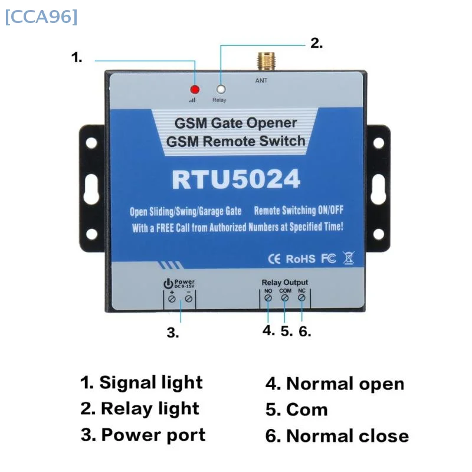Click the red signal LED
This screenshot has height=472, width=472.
[x=194, y=90]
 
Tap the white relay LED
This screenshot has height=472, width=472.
[x=221, y=90]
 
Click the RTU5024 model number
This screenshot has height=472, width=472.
[x=236, y=179]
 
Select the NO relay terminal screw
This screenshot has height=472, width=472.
[x=268, y=299]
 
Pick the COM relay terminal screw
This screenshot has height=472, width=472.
[x=285, y=299]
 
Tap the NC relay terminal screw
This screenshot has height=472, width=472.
[x=302, y=299]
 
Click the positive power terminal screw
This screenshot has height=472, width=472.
[x=172, y=300]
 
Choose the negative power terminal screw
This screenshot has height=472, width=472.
[x=189, y=300]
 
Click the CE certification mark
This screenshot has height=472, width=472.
[x=274, y=259]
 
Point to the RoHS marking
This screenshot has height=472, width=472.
[x=301, y=259]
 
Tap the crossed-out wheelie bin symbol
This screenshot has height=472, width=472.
[x=349, y=258]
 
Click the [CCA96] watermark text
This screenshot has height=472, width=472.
[x=41, y=17]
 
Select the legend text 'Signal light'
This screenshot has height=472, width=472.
[x=150, y=382]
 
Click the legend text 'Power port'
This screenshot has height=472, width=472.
[x=153, y=435]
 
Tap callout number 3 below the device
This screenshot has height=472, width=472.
[x=172, y=333]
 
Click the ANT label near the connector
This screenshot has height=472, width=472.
[x=261, y=80]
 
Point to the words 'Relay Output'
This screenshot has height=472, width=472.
[x=285, y=283]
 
